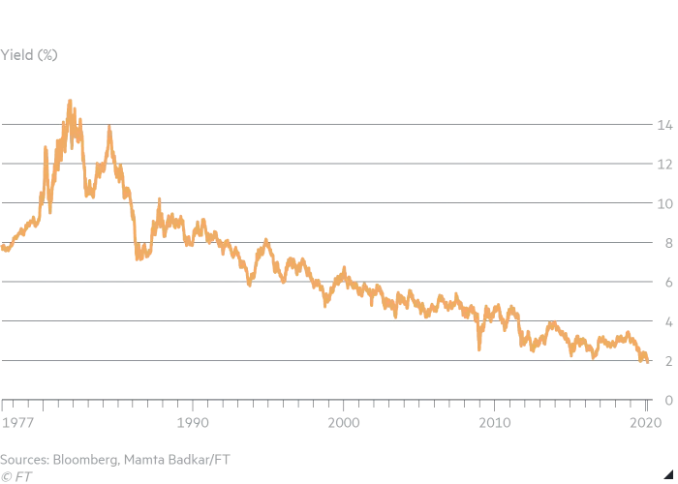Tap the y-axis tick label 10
pos(663,204)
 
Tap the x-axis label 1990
pos(194,422)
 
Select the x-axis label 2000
pos(345,422)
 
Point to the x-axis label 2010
pos(496,422)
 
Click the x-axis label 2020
pos(646,422)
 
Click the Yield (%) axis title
pos(29,55)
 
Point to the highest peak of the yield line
pos(70,100)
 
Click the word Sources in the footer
pos(26,458)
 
